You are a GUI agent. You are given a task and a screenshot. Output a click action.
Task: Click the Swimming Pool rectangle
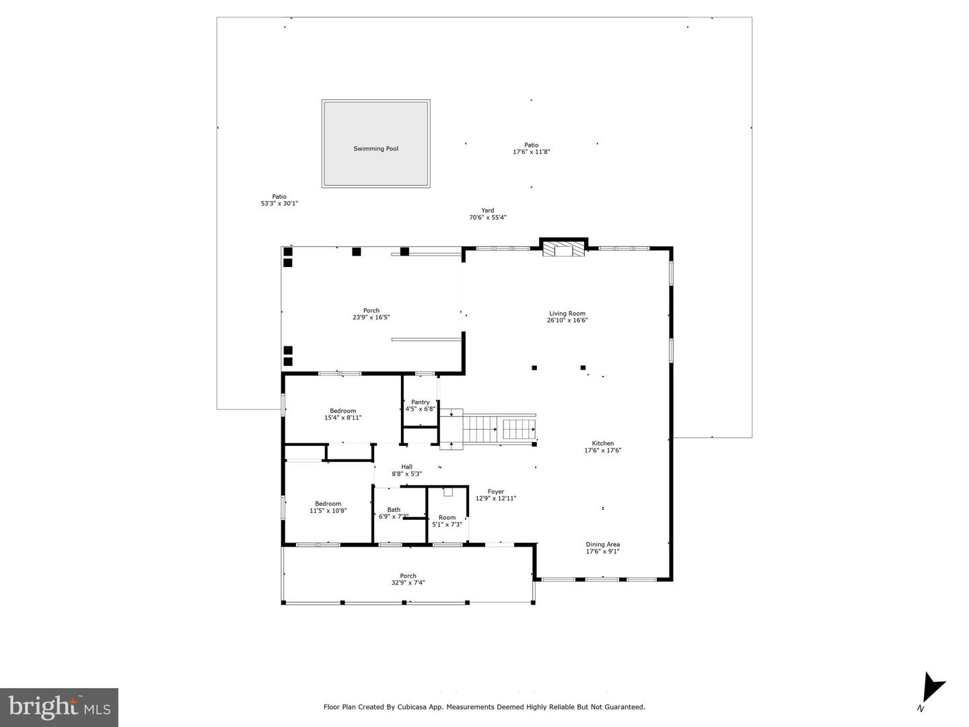pos(375,144)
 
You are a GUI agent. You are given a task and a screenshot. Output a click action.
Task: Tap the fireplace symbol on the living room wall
pos(563,250)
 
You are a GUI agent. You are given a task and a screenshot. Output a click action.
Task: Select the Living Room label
pos(567,313)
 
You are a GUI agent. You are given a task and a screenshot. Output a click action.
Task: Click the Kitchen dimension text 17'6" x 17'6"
pos(602,451)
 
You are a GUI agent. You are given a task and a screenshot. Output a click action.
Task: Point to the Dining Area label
pos(602,545)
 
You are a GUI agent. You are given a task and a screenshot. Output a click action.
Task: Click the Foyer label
pos(496,492)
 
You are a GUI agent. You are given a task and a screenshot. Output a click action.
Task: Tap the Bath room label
pos(394,510)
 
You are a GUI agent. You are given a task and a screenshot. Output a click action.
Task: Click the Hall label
pos(406,467)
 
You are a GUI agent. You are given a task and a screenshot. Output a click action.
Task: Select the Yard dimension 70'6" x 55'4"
pos(487,217)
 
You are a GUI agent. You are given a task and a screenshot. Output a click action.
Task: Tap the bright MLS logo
pos(59,707)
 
